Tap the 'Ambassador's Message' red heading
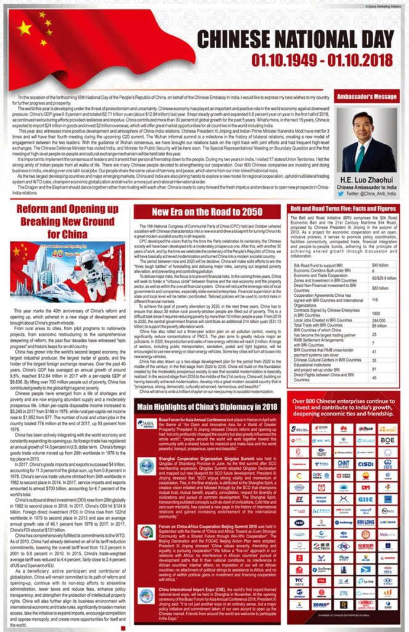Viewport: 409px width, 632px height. (x=368, y=97)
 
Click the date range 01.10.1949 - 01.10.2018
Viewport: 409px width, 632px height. (x=318, y=60)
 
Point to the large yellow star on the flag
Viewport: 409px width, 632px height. (x=24, y=28)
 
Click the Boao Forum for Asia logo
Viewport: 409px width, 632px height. (x=146, y=424)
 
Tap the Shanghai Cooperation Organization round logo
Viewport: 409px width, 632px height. (x=146, y=466)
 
